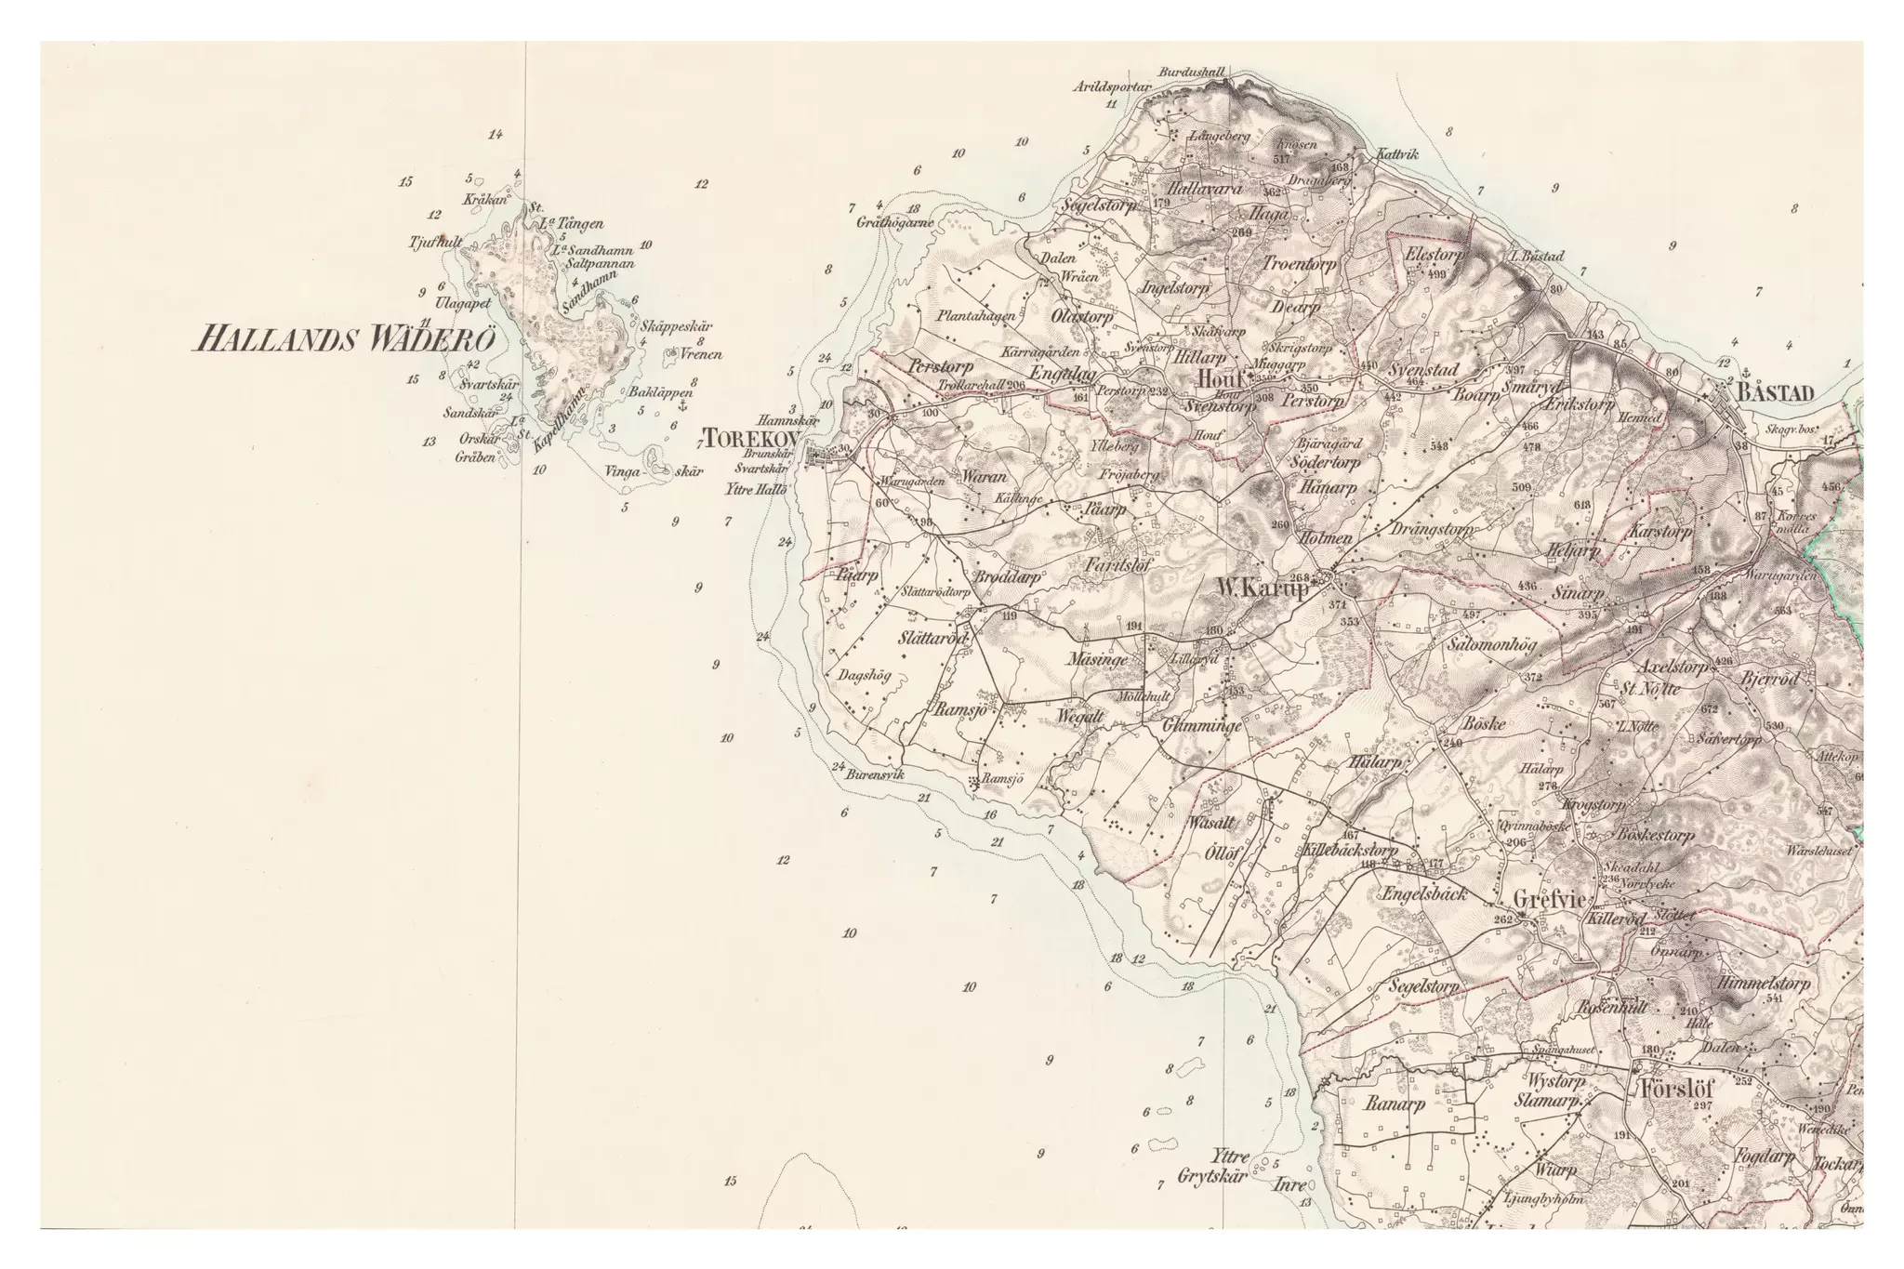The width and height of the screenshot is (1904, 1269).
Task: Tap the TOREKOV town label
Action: click(747, 437)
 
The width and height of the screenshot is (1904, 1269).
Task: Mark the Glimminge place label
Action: click(1202, 728)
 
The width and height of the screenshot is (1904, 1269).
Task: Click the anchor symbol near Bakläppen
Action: click(681, 407)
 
